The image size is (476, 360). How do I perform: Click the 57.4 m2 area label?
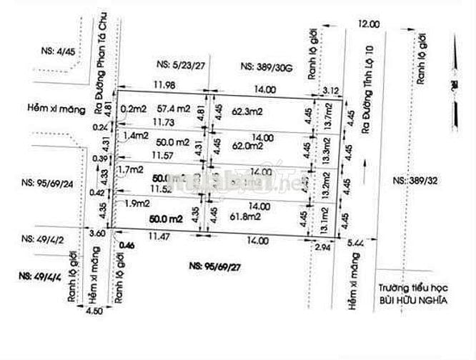click(x=174, y=109)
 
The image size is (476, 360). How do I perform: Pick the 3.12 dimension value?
click(x=330, y=90)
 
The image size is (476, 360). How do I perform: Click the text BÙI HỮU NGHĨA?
click(x=413, y=301)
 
